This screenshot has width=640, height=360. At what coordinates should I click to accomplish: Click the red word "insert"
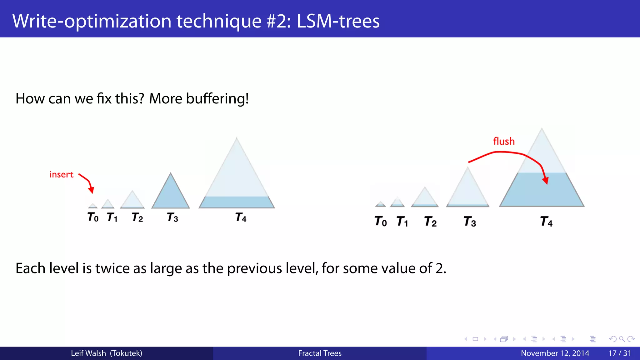click(x=61, y=174)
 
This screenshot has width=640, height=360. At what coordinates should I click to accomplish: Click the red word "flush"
click(x=504, y=141)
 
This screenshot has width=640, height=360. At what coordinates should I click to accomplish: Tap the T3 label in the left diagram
click(x=172, y=217)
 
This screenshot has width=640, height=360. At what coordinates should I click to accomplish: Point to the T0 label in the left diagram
click(x=93, y=217)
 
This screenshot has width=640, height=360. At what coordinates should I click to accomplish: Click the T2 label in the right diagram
click(x=430, y=222)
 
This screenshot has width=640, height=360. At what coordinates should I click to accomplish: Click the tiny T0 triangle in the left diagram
click(x=93, y=206)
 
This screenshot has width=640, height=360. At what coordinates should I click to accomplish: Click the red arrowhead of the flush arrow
click(x=546, y=181)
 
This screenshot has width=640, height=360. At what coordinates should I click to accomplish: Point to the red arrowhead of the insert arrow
click(x=91, y=190)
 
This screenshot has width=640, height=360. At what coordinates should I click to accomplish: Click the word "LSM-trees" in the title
click(x=338, y=21)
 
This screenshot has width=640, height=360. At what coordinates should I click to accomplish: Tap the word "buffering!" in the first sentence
click(x=217, y=99)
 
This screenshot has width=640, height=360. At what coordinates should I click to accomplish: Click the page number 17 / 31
click(x=619, y=353)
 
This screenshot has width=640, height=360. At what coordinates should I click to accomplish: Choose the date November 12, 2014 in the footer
click(x=555, y=353)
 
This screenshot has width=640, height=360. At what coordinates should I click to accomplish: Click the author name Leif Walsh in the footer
click(x=88, y=353)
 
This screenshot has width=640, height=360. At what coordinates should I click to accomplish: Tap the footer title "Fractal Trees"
click(x=320, y=353)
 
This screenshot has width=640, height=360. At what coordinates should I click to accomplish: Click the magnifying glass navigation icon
click(x=622, y=339)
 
